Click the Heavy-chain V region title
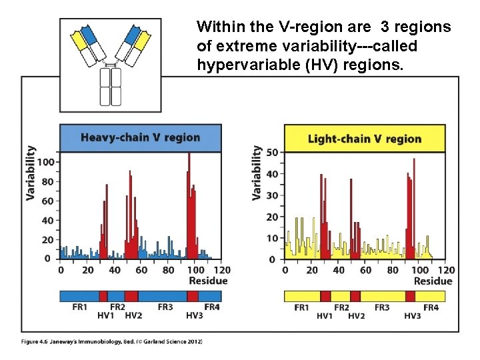tap(140, 138)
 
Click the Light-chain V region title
tap(364, 139)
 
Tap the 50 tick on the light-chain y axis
tap(272, 153)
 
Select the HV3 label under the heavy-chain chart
tap(194, 315)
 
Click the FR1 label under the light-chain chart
tap(302, 307)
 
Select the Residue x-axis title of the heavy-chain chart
tap(208, 281)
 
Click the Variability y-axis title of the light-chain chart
tap(257, 173)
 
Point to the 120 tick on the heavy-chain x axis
tap(222, 270)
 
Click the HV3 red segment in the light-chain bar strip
tap(410, 296)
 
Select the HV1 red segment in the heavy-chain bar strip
tap(103, 296)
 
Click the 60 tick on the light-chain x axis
tap(366, 270)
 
